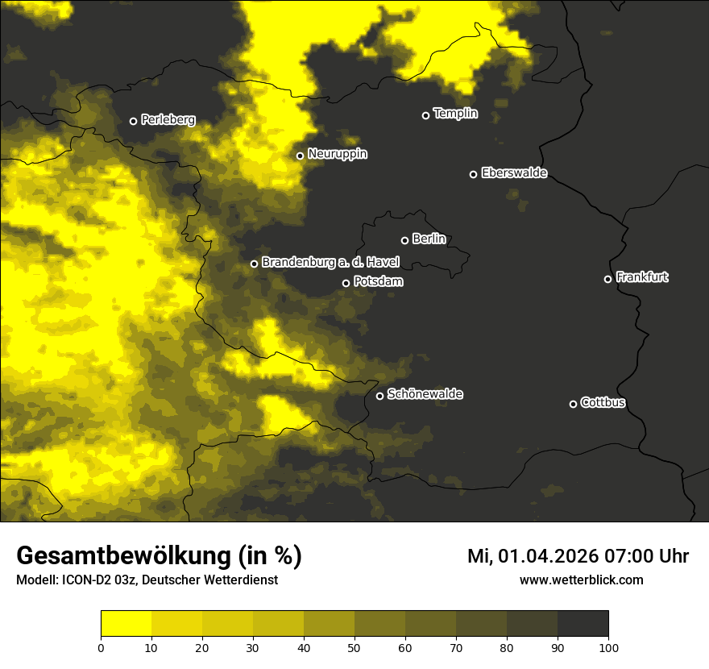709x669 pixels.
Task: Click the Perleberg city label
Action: click(x=168, y=120)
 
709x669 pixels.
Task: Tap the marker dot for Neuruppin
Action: click(x=300, y=156)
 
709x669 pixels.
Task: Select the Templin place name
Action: click(x=455, y=114)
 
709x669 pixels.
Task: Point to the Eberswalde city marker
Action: click(x=474, y=174)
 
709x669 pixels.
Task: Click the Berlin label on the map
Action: click(x=429, y=239)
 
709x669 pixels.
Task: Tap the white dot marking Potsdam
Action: click(x=346, y=283)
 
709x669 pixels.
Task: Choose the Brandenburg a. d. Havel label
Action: click(x=330, y=262)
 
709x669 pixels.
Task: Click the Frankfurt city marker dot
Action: click(x=608, y=279)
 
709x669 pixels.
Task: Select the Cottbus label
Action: click(x=603, y=402)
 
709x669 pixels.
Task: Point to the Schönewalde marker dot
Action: click(x=380, y=396)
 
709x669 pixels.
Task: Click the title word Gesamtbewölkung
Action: click(x=121, y=556)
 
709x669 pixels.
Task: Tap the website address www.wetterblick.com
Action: click(x=581, y=580)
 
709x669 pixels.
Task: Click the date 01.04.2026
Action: click(x=548, y=556)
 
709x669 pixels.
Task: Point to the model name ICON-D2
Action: click(x=81, y=580)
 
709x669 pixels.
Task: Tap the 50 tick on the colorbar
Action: click(x=354, y=646)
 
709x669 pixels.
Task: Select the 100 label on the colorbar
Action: click(x=608, y=646)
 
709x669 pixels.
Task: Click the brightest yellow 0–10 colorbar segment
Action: click(x=126, y=624)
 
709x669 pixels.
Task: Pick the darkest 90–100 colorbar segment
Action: click(x=583, y=624)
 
